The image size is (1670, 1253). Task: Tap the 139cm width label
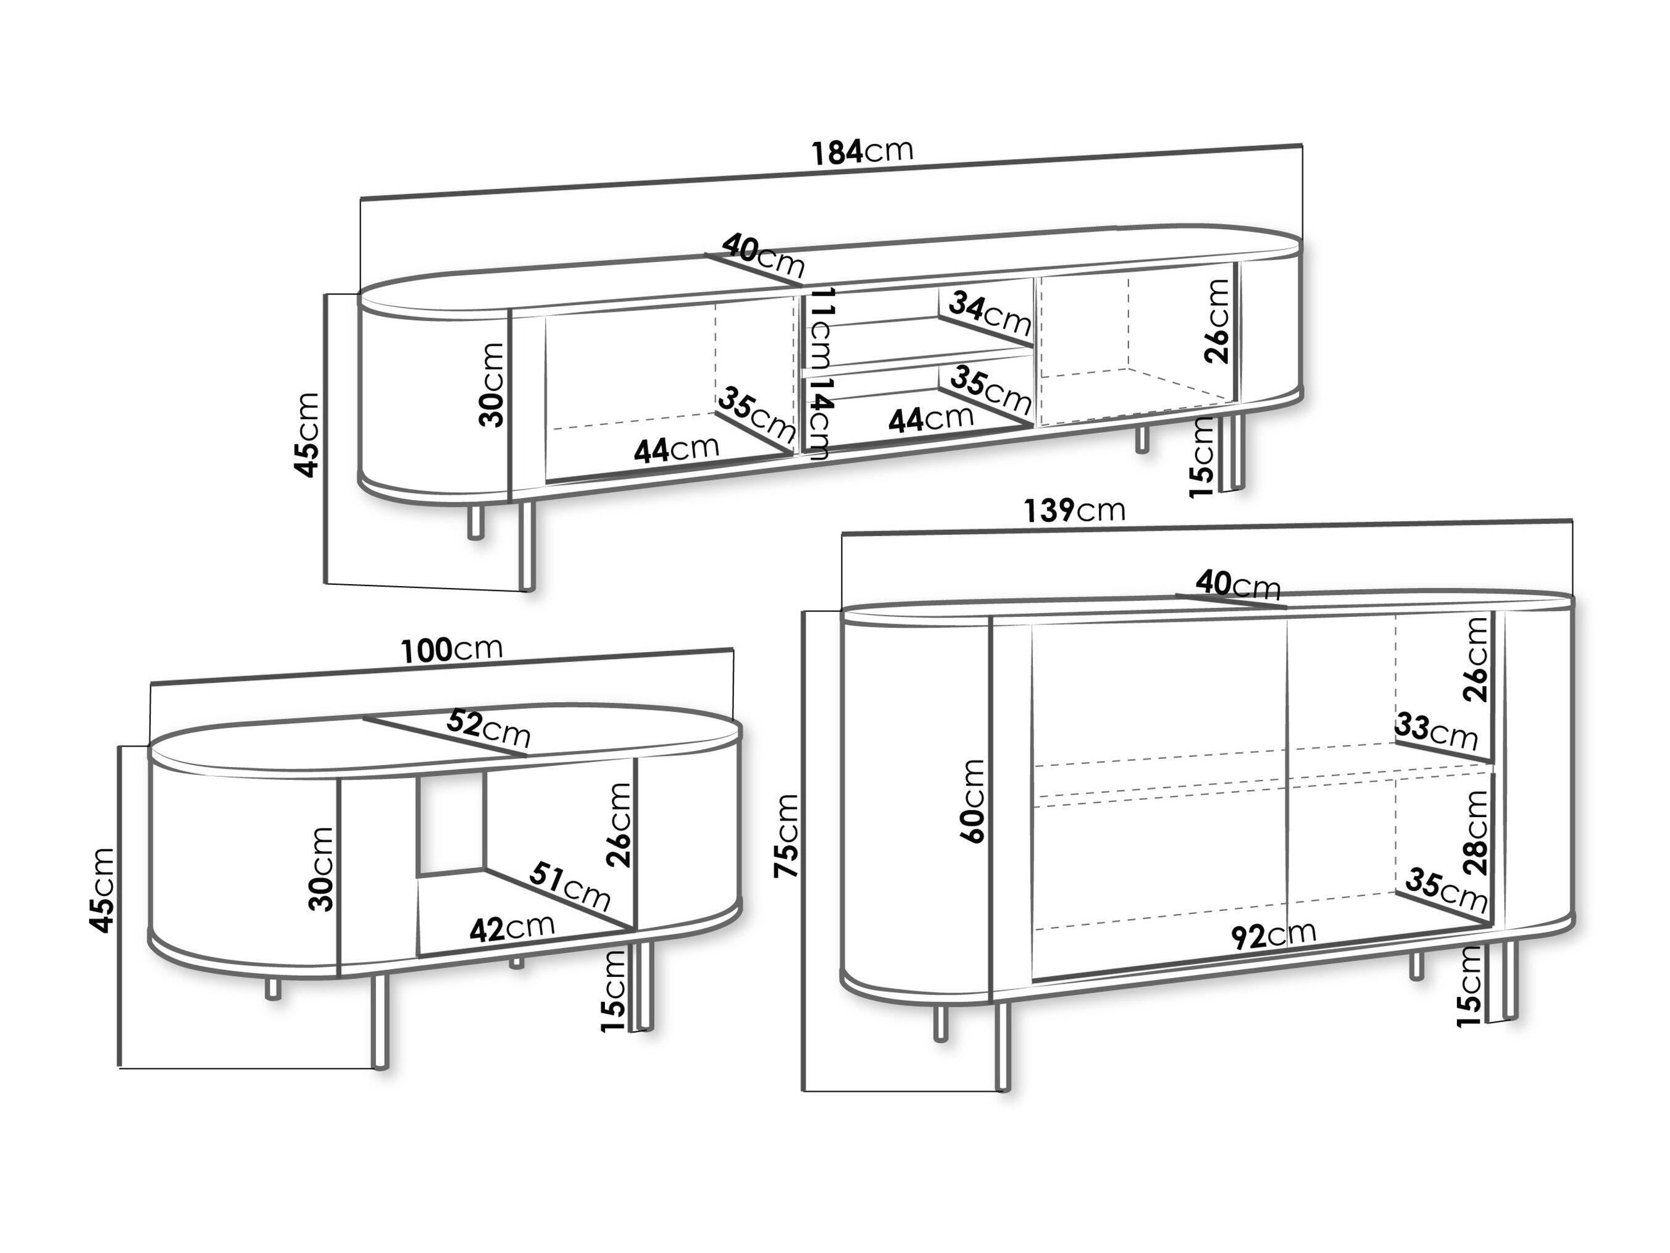click(x=1074, y=511)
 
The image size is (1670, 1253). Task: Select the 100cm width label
click(x=451, y=650)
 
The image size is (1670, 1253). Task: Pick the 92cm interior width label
click(x=1274, y=935)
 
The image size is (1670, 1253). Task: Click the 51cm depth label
click(x=569, y=887)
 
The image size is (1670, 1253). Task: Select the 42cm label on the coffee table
click(x=512, y=928)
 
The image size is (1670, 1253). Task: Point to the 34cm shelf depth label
click(x=990, y=314)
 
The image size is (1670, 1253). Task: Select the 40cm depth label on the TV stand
click(x=763, y=255)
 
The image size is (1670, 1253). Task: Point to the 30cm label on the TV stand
click(x=491, y=385)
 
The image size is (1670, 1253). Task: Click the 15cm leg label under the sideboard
click(x=1469, y=986)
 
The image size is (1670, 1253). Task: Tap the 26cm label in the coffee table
click(x=619, y=826)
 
